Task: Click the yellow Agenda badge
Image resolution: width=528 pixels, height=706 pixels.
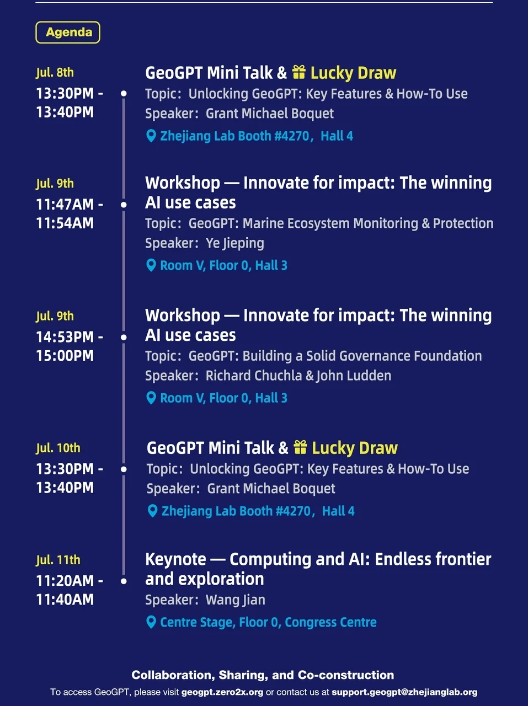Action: (x=68, y=32)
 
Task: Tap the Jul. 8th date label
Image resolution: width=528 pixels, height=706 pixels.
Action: (x=55, y=73)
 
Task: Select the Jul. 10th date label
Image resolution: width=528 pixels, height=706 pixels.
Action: (x=58, y=448)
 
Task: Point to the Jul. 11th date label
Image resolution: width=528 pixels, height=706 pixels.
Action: (x=58, y=560)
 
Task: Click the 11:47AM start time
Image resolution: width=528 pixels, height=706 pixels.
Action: (x=65, y=204)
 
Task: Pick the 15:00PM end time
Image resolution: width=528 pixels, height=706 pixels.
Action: (x=65, y=356)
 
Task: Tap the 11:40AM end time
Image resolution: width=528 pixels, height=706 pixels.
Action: (x=65, y=600)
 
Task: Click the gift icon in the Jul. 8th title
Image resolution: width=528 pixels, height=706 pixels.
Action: (x=298, y=72)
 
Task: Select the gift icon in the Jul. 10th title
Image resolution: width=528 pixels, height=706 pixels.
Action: (x=300, y=447)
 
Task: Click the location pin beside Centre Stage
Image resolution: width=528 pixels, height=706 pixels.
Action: (x=151, y=622)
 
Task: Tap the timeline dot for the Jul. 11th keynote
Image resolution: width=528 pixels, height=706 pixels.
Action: (x=124, y=581)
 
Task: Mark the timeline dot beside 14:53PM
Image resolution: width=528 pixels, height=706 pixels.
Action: (x=124, y=338)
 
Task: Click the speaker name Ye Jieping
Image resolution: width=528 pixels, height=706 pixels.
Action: (x=235, y=243)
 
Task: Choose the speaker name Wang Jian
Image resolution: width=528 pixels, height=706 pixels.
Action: (x=236, y=600)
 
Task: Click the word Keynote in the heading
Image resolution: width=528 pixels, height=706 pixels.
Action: (x=175, y=559)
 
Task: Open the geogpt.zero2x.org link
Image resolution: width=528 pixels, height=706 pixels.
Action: (x=222, y=692)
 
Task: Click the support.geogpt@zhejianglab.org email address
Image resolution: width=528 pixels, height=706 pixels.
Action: (x=404, y=692)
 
